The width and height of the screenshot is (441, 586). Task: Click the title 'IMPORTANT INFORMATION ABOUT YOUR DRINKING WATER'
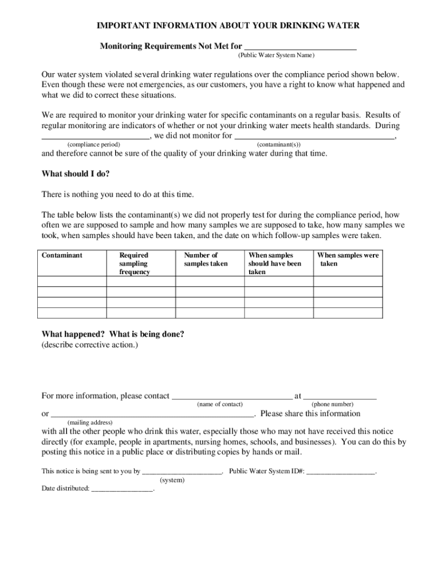tap(228, 26)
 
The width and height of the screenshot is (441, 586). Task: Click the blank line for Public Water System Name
tap(300, 47)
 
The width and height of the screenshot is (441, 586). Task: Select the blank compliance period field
tap(96, 136)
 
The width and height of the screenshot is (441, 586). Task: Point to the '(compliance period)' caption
tap(93, 145)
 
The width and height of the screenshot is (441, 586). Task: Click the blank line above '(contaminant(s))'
tap(314, 136)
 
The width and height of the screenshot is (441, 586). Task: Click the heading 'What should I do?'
tap(76, 174)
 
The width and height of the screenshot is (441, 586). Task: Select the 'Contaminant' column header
tap(62, 255)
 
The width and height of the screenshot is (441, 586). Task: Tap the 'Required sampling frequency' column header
tap(135, 263)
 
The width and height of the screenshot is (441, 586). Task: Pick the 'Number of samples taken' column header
tap(206, 259)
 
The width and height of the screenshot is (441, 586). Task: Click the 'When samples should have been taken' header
tap(274, 263)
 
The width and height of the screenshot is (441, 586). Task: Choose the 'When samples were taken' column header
tap(348, 259)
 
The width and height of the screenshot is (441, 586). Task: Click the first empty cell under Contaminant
tap(72, 282)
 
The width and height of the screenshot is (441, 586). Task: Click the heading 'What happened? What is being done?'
tap(113, 335)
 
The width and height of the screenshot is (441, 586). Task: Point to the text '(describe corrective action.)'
tap(89, 345)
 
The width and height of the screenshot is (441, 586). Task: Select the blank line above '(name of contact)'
tap(232, 396)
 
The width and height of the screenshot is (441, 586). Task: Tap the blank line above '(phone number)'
tap(340, 396)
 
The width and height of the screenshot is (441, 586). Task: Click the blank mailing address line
tap(152, 414)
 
